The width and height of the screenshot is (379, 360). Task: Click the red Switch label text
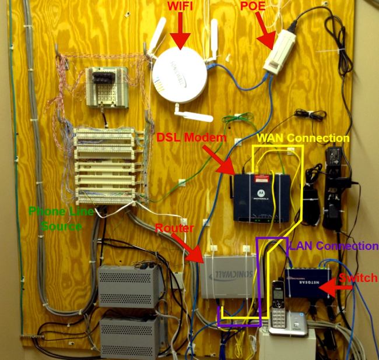coord(359,278)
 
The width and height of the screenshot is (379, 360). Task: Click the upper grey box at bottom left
coord(129,285)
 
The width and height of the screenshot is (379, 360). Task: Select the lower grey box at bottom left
coord(129,337)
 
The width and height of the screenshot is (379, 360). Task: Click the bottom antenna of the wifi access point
coord(192,113)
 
